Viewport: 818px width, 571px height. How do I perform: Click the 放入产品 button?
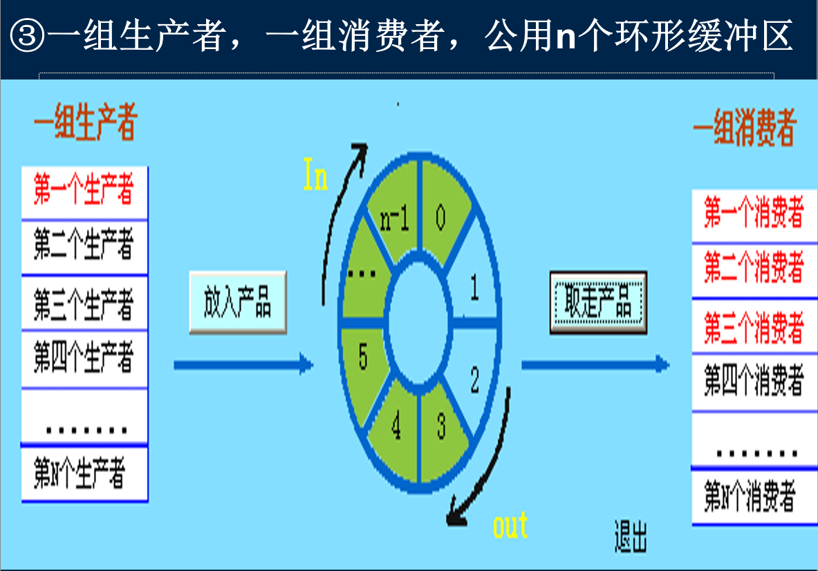click(x=237, y=302)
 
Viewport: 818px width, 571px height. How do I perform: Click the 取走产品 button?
click(x=598, y=302)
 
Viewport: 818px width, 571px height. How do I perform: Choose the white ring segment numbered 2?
click(x=474, y=380)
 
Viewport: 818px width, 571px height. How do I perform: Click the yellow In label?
click(x=315, y=175)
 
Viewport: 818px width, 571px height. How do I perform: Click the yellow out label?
click(x=510, y=525)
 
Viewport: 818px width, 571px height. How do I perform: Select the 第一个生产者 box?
click(x=84, y=192)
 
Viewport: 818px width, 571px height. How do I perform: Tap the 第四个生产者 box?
click(x=84, y=359)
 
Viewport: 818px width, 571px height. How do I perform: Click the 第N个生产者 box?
click(x=84, y=474)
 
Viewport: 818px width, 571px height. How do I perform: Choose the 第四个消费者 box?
click(x=754, y=382)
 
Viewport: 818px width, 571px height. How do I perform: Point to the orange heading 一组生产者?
click(x=85, y=124)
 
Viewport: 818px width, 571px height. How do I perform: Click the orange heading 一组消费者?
click(x=744, y=129)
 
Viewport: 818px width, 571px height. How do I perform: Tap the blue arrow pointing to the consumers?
click(x=595, y=364)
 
